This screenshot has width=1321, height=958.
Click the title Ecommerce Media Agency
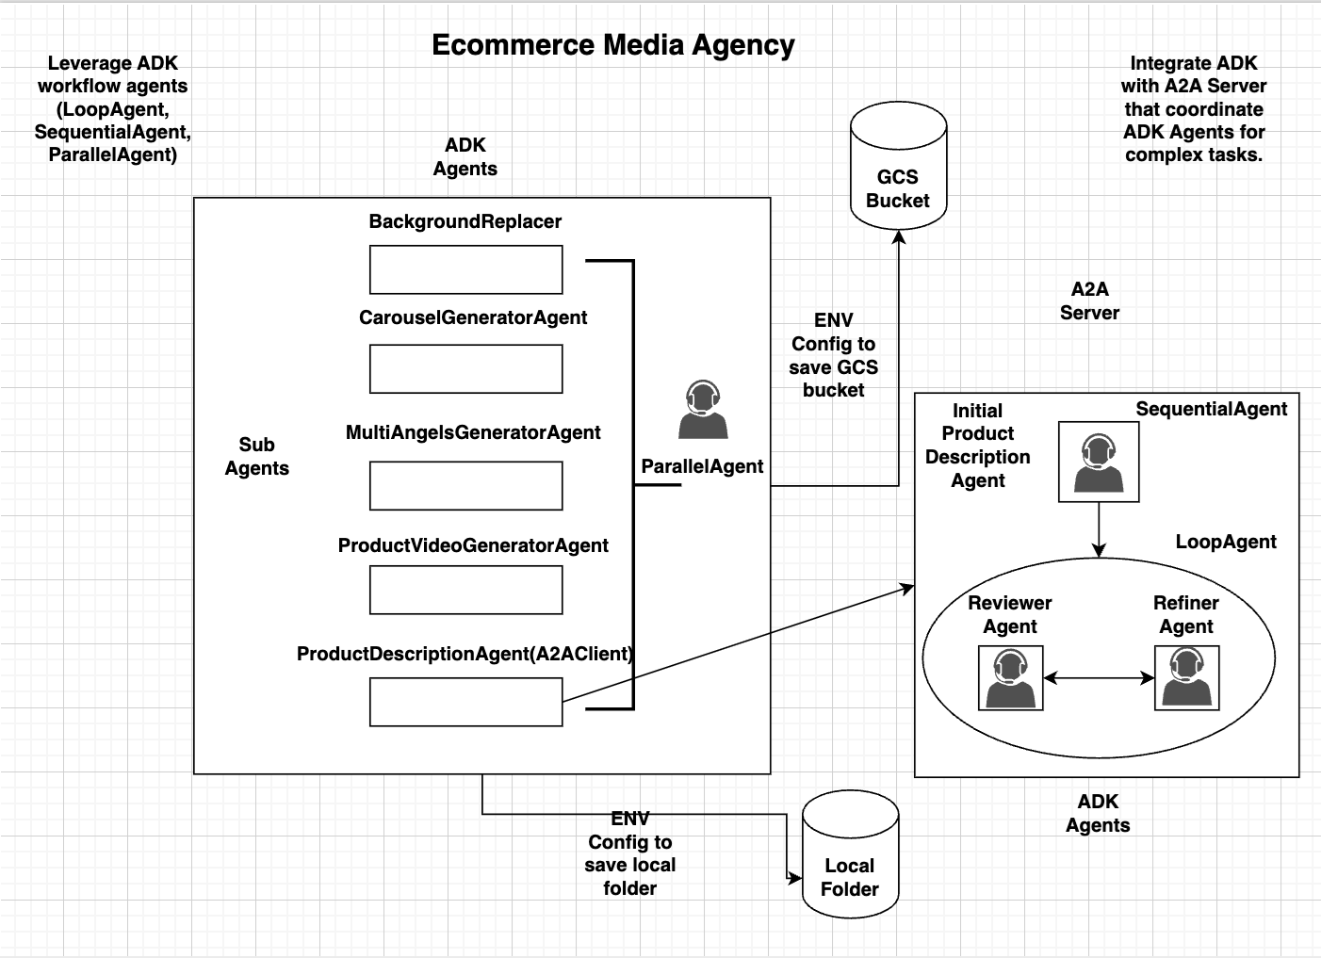point(612,45)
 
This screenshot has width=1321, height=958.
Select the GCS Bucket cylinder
point(898,170)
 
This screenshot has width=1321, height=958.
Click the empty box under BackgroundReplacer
point(465,270)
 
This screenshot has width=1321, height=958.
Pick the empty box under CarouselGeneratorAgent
point(465,368)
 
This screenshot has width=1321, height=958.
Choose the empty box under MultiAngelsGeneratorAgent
point(465,485)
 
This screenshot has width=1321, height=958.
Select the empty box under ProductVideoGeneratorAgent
point(465,590)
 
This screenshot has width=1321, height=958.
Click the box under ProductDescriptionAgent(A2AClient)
point(465,703)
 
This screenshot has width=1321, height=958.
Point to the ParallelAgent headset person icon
point(702,411)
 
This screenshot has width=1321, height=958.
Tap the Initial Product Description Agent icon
point(1099,462)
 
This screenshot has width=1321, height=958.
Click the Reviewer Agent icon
point(1011,677)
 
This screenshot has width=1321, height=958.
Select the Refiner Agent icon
point(1187,677)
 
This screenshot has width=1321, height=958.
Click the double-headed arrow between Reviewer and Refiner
point(1099,677)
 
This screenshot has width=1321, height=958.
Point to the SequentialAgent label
point(1211,409)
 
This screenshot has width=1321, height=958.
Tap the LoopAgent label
point(1225,542)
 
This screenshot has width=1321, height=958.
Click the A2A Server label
point(1089,301)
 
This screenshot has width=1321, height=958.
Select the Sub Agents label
point(256,457)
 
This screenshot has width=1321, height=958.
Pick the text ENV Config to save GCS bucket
point(833,355)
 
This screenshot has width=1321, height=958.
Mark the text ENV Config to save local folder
point(629,853)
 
